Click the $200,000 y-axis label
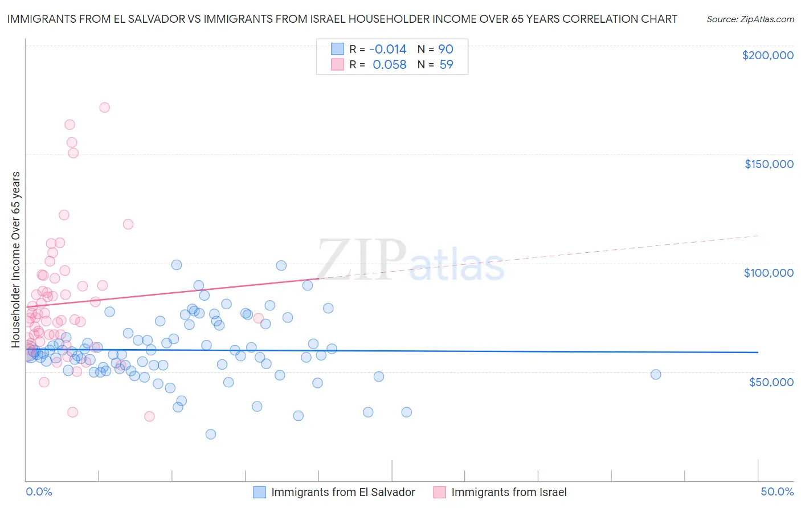767,55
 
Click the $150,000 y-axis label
769,164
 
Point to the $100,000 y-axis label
769,273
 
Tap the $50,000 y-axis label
771,382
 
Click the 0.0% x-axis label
39,491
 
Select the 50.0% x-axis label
777,491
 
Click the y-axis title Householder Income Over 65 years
16,259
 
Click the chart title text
342,19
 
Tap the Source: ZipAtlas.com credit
750,19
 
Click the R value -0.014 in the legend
388,50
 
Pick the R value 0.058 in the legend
390,65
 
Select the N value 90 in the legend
446,50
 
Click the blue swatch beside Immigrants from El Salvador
260,492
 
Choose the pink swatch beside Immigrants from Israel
439,492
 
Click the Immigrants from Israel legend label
509,492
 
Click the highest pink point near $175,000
104,107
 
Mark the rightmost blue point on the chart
656,374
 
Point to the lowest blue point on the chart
210,434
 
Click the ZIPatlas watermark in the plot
410,259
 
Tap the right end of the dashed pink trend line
758,236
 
